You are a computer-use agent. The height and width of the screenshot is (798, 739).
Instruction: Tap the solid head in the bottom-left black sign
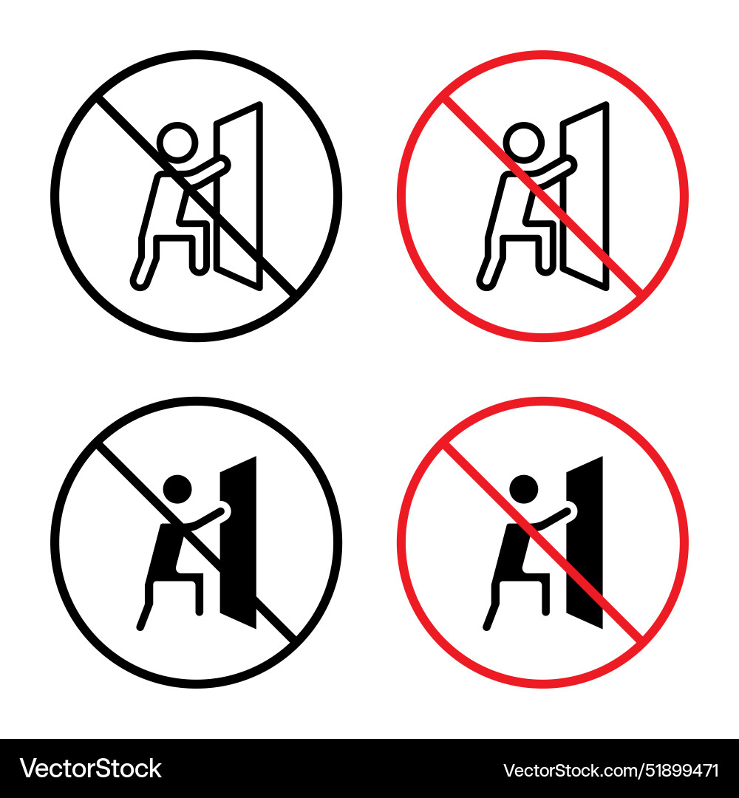[x=177, y=489]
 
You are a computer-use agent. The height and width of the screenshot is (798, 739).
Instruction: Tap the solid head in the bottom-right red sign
[x=523, y=489]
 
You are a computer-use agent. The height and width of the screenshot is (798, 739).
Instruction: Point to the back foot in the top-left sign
[x=139, y=279]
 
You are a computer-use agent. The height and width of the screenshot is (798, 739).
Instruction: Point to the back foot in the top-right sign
[x=485, y=279]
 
